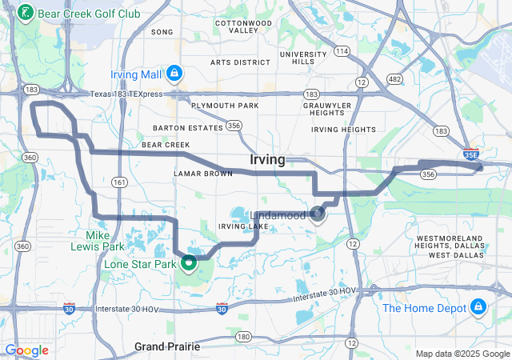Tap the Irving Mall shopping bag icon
click(174, 74)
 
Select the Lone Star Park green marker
click(190, 262)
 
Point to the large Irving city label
click(267, 160)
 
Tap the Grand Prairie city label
click(167, 346)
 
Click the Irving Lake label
click(243, 227)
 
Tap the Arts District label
click(240, 62)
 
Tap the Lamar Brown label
click(203, 173)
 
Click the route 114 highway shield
click(342, 51)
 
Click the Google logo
click(26, 350)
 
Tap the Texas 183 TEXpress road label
click(137, 94)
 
